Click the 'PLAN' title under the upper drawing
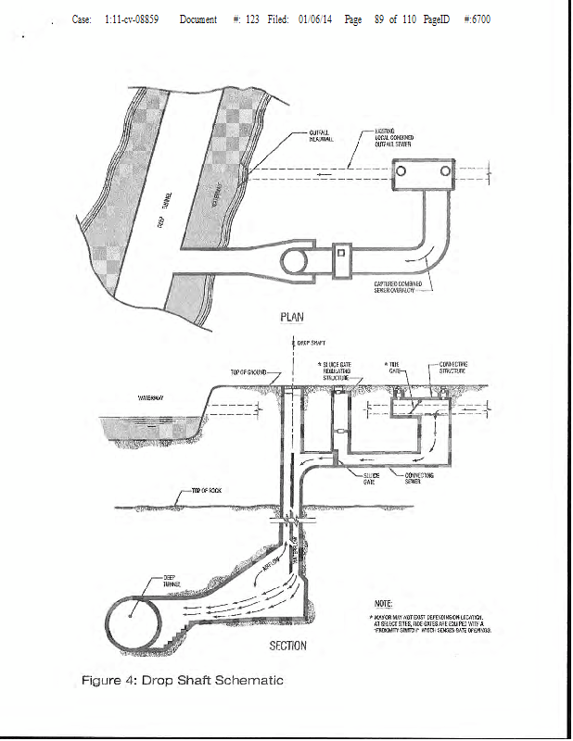click(x=291, y=317)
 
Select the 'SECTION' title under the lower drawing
click(x=287, y=645)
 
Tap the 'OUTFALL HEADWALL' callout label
click(x=321, y=137)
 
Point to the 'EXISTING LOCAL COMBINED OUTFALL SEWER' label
click(x=393, y=139)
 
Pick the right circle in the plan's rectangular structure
click(x=446, y=171)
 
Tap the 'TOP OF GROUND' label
click(x=248, y=372)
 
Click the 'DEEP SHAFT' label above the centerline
click(x=310, y=342)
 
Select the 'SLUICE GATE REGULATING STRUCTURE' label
click(x=339, y=371)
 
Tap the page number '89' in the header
click(x=379, y=19)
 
